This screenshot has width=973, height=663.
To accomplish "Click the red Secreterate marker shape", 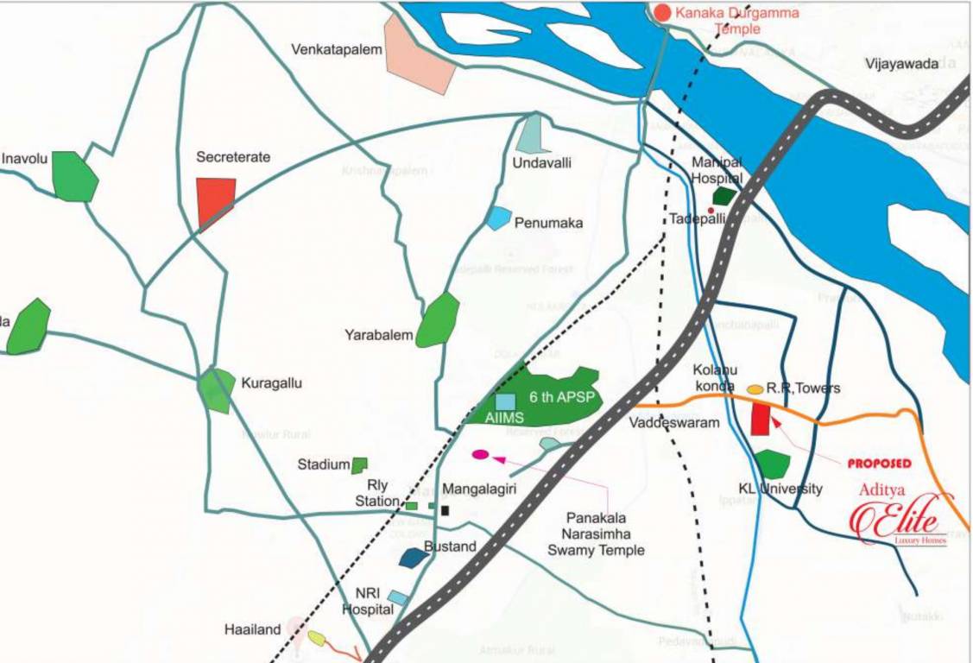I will point(215,202).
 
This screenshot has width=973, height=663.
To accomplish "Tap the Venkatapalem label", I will point(337,50).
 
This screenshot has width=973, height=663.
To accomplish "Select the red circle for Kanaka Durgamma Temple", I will point(662,12).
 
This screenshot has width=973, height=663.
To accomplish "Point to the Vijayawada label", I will point(902,64).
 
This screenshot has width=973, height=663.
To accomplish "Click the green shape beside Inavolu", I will point(74,176).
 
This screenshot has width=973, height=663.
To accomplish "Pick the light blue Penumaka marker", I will point(498,218).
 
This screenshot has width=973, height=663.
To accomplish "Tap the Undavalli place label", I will point(542,163).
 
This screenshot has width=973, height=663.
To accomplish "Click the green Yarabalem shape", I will point(438,320).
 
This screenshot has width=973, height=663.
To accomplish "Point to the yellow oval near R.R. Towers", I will point(755,389).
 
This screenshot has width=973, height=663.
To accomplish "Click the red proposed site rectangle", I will point(761,419).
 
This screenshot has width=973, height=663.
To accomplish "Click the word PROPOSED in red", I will point(879,464).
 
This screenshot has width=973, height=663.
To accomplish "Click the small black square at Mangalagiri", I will point(445,510).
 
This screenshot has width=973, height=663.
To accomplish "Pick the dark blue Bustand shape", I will point(414,557).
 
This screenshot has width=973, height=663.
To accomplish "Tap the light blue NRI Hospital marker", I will point(398,597).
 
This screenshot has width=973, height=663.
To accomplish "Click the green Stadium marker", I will point(359,465).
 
